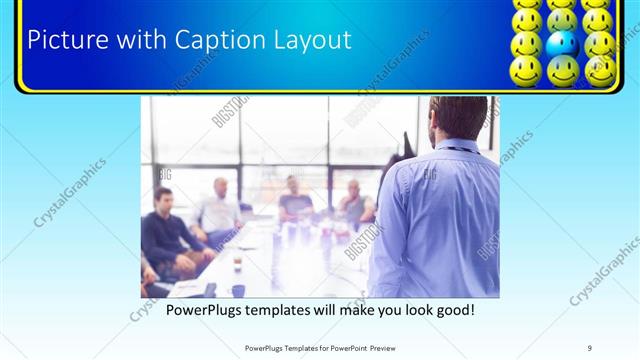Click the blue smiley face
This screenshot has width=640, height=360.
pyautogui.click(x=563, y=43)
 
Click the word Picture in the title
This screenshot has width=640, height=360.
pyautogui.click(x=62, y=41)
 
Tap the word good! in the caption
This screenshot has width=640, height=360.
pyautogui.click(x=454, y=311)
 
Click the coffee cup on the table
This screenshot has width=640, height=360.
pyautogui.click(x=237, y=264)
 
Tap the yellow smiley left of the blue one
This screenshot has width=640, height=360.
pyautogui.click(x=527, y=43)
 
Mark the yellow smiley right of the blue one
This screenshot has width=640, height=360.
pyautogui.click(x=599, y=43)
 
